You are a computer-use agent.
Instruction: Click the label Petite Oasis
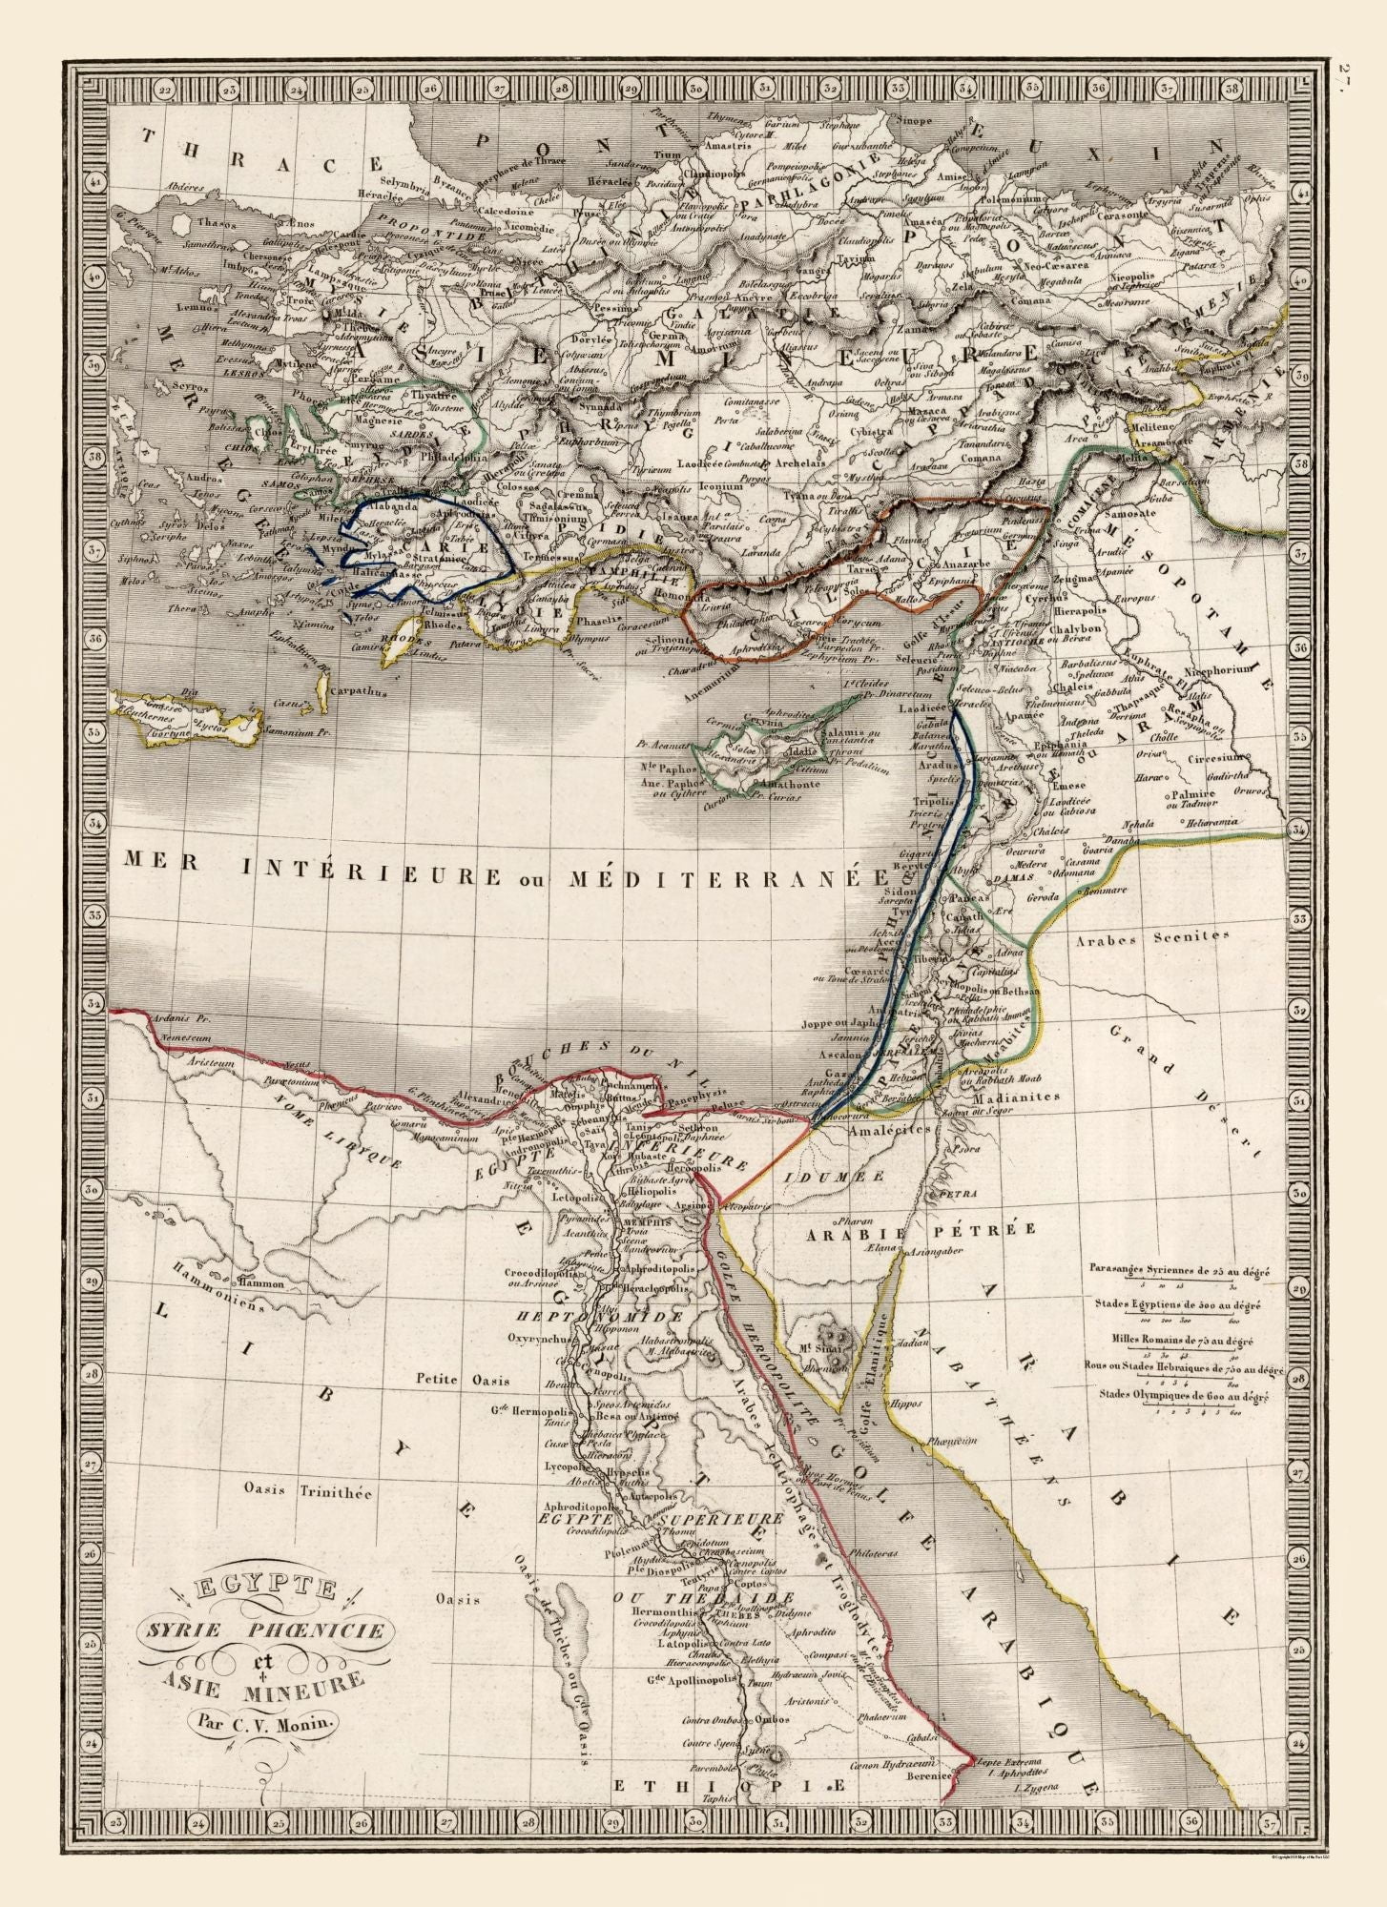[x=462, y=1380]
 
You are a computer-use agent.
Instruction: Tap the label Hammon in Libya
[x=262, y=1283]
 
